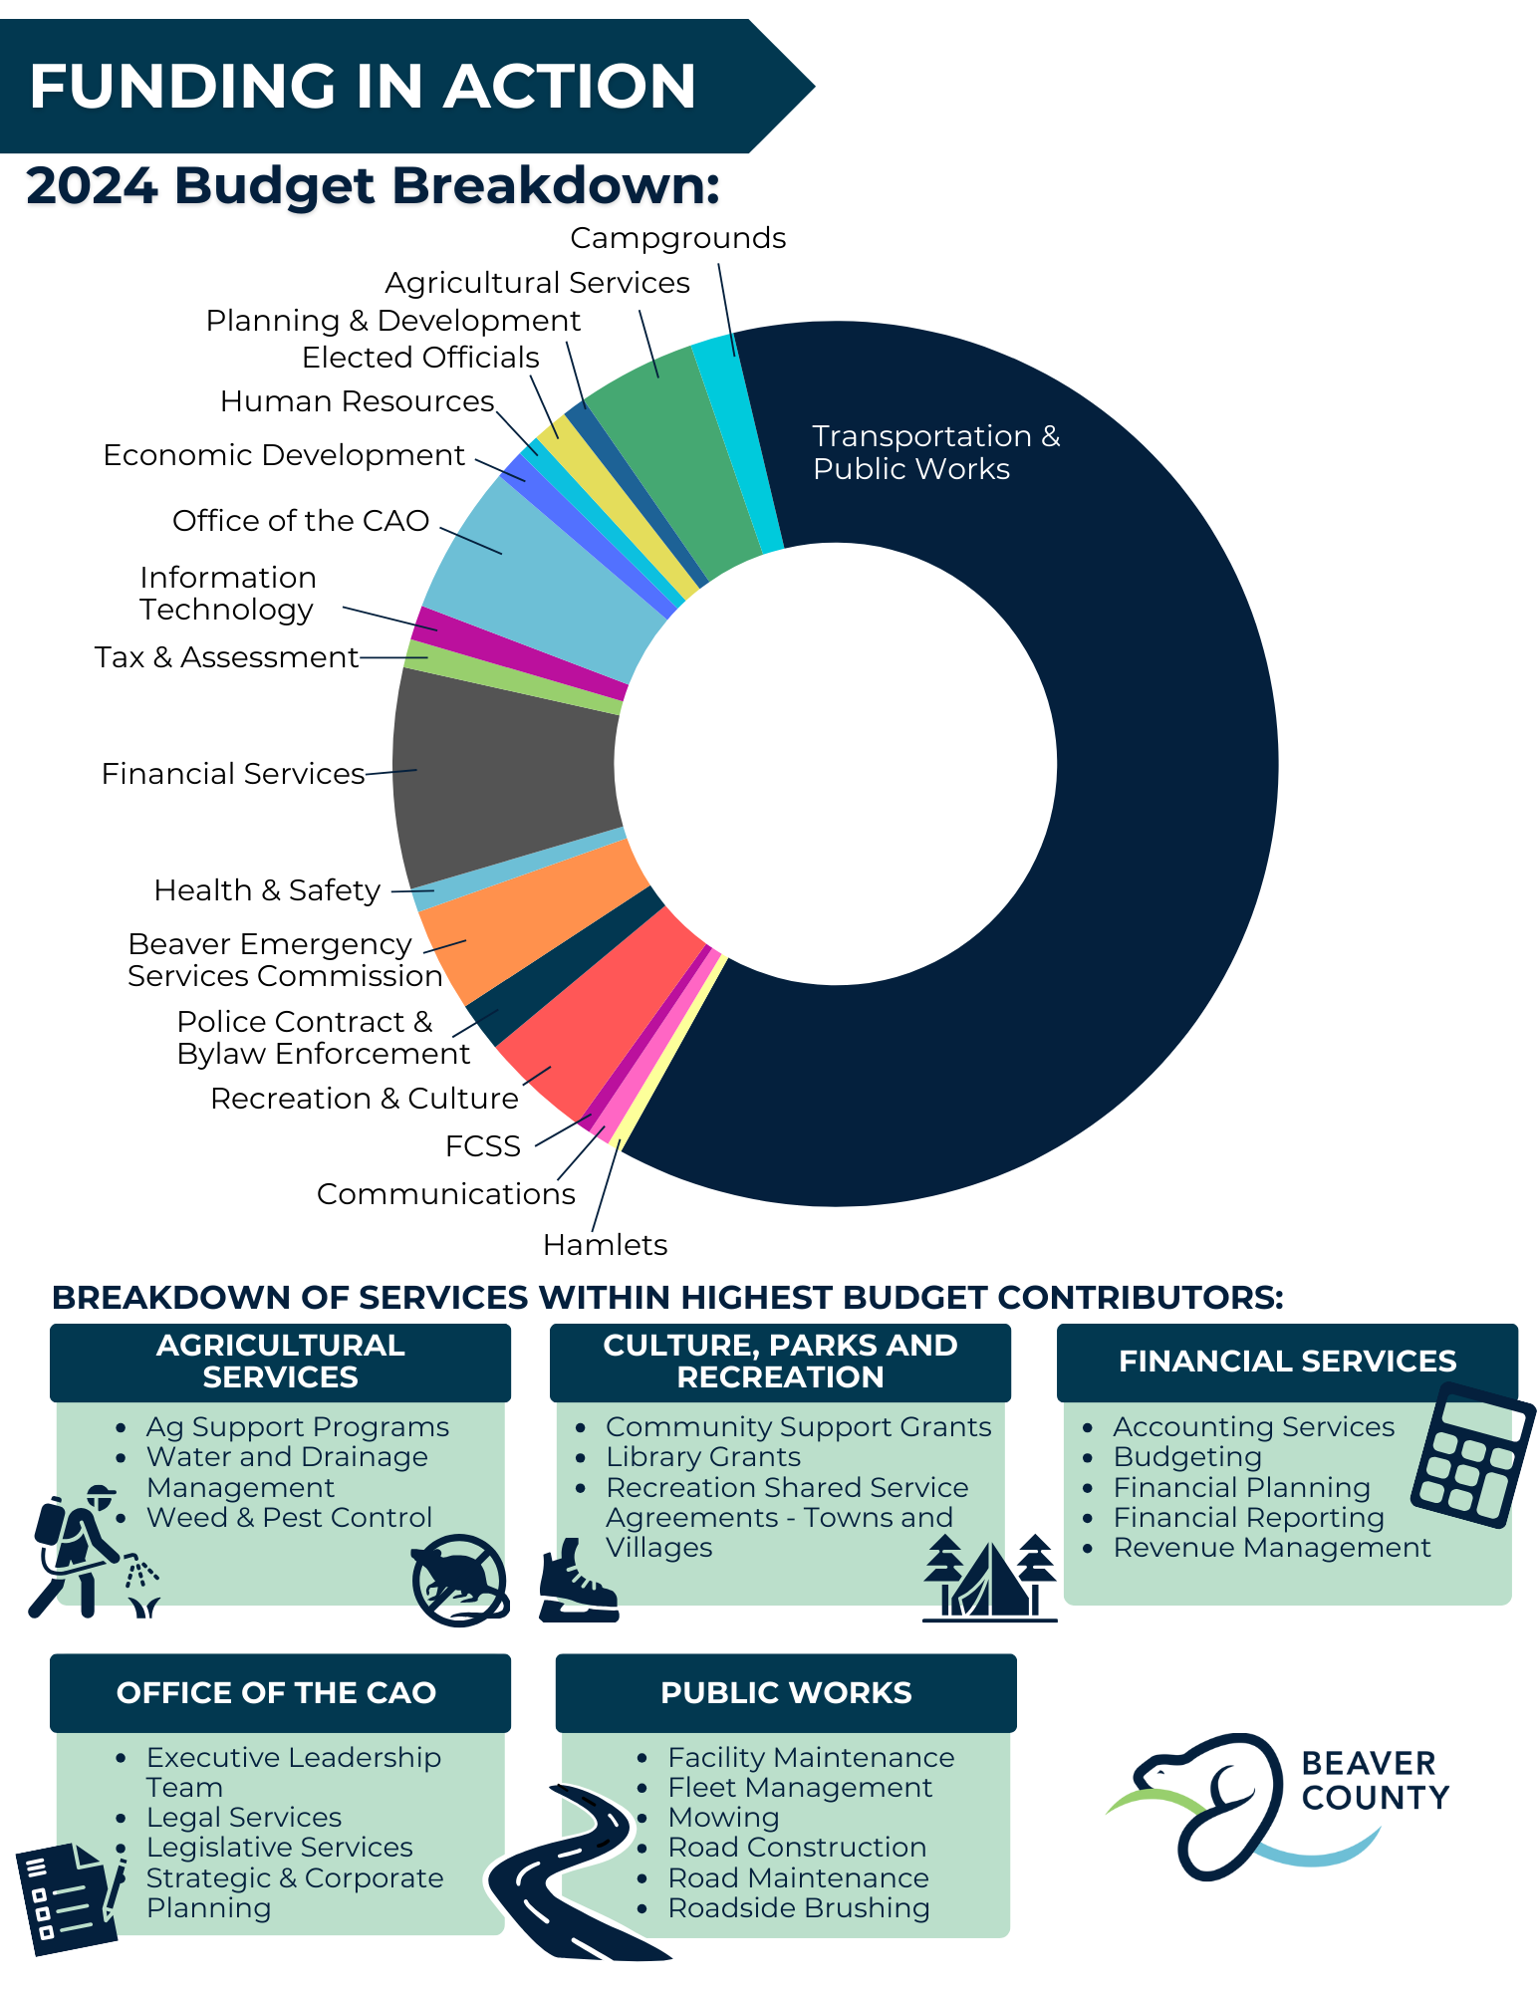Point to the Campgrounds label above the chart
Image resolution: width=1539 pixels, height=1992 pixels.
click(677, 238)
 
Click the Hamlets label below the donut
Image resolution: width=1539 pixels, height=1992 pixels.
click(605, 1245)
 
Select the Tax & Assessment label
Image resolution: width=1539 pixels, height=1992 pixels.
click(226, 657)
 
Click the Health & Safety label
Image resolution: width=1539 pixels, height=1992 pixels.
click(267, 890)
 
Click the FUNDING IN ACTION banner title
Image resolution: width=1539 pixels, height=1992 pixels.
click(363, 86)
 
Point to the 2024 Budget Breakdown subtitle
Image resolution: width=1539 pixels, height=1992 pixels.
click(373, 185)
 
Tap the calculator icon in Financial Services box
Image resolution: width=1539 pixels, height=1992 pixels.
click(1473, 1455)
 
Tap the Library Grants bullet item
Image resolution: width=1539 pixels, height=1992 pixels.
click(703, 1457)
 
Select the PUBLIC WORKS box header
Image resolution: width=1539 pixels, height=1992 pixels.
click(786, 1693)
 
